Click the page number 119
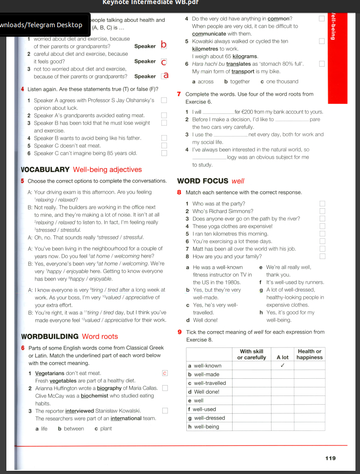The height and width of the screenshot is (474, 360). point(331,458)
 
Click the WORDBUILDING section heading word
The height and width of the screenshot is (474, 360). point(50,337)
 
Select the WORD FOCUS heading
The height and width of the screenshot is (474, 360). point(203,181)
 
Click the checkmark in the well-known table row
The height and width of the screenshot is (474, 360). point(282,366)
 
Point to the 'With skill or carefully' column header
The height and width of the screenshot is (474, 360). point(252,354)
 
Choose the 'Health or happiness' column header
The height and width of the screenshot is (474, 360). point(310,354)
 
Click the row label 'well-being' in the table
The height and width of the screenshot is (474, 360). point(206,426)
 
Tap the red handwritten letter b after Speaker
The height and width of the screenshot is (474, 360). point(164,45)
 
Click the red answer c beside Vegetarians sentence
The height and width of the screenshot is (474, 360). point(165,373)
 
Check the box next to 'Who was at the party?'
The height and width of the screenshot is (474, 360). point(322,204)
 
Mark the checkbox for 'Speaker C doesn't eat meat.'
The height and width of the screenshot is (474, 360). point(164,146)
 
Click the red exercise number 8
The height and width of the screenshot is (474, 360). point(180,192)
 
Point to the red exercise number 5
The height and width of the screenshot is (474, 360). point(23,181)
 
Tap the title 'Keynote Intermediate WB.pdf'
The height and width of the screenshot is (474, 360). point(151,2)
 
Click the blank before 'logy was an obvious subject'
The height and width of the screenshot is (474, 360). point(209,157)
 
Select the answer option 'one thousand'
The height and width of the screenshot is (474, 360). point(282,82)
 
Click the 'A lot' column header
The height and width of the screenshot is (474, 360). point(282,357)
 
